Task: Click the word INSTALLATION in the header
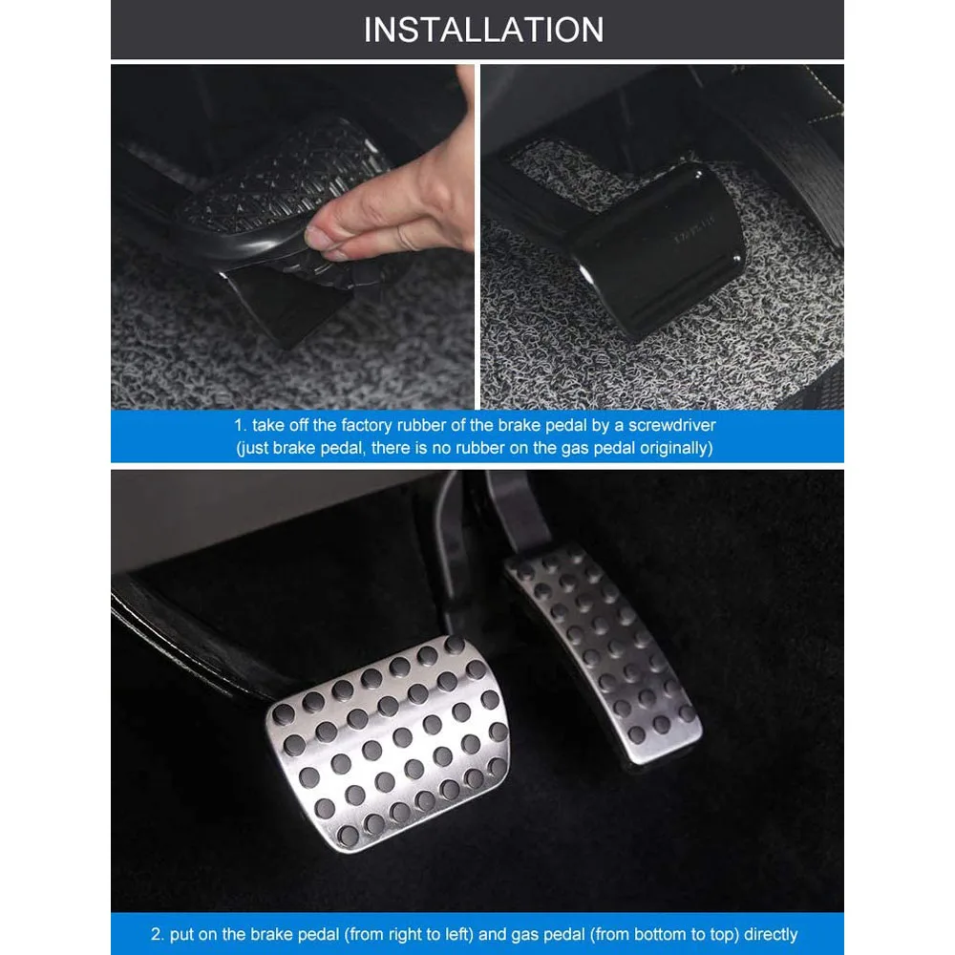(x=483, y=30)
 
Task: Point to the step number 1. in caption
(x=241, y=425)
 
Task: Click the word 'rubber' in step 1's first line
(x=426, y=425)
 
